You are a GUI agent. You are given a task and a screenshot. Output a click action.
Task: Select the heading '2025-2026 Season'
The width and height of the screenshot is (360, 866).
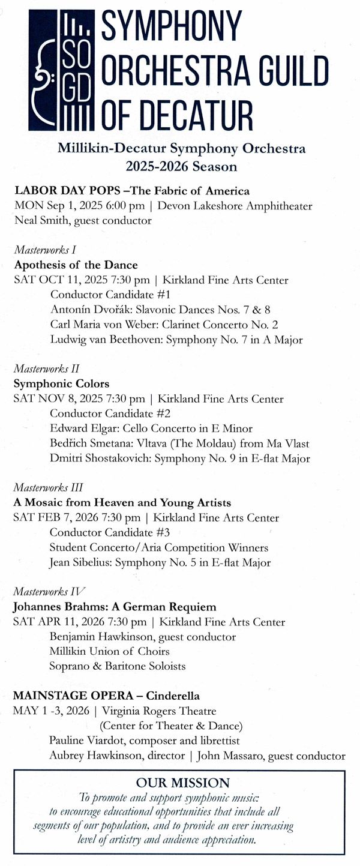pyautogui.click(x=181, y=166)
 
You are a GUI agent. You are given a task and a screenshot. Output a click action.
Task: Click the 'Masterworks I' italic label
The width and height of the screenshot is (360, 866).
pyautogui.click(x=41, y=250)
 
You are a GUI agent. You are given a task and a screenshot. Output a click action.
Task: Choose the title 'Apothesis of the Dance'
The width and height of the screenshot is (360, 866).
pyautogui.click(x=76, y=265)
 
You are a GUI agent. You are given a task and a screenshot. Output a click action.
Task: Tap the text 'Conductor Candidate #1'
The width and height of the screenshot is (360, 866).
pyautogui.click(x=110, y=295)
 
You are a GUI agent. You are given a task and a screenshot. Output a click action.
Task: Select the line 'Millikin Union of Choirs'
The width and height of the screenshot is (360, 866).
pyautogui.click(x=109, y=651)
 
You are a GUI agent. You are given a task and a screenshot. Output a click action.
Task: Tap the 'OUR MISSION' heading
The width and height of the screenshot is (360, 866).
pyautogui.click(x=182, y=783)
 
